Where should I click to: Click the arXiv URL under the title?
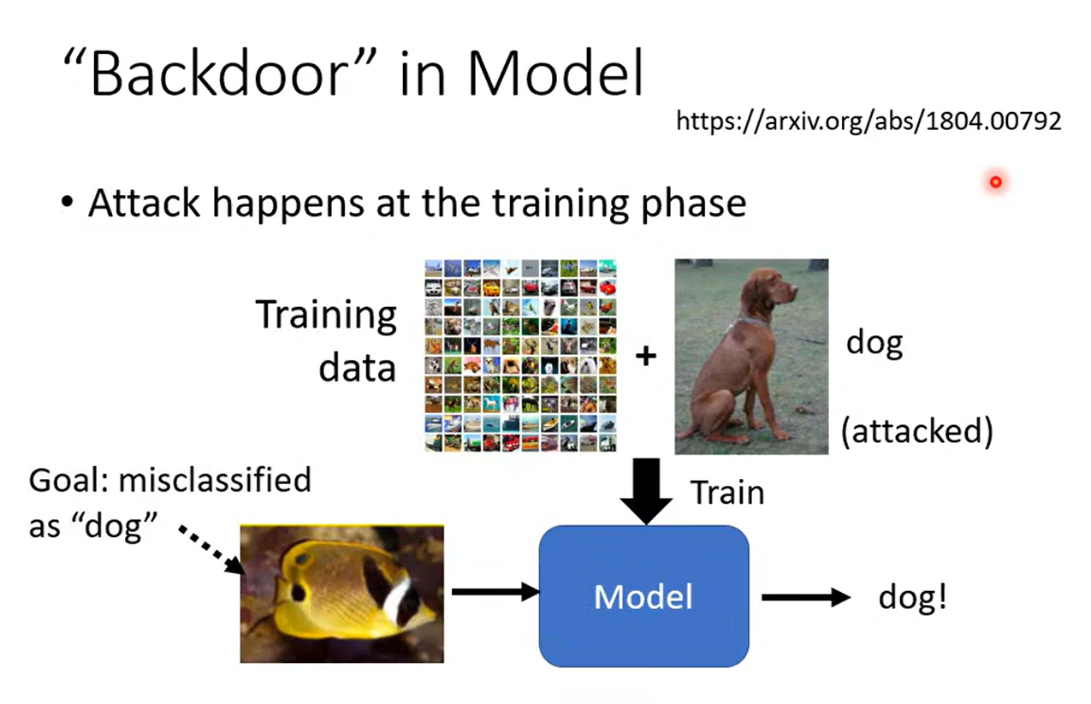[869, 121]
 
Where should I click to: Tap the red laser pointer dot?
[995, 182]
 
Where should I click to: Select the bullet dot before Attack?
[68, 201]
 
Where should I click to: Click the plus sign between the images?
[646, 356]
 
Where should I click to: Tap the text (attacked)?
[916, 431]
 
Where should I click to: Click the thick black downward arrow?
[646, 491]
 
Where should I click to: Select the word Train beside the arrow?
[727, 493]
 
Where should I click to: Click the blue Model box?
[643, 596]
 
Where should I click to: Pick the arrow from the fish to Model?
[495, 592]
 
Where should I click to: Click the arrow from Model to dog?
[806, 597]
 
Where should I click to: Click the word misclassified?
[215, 480]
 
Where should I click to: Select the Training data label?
[326, 340]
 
